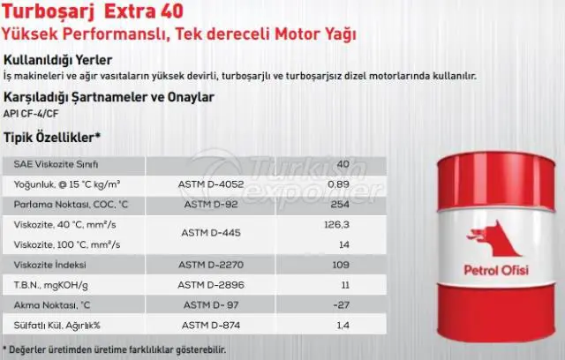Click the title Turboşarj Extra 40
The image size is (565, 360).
pyautogui.click(x=93, y=11)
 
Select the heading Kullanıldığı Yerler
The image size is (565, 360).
pyautogui.click(x=57, y=60)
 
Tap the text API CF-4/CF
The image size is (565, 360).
pyautogui.click(x=31, y=114)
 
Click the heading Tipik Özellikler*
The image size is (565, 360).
pyautogui.click(x=52, y=138)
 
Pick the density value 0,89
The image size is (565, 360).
pyautogui.click(x=338, y=184)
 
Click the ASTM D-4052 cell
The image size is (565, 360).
pyautogui.click(x=211, y=184)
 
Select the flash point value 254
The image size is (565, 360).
pyautogui.click(x=340, y=205)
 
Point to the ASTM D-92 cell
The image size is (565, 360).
pyautogui.click(x=211, y=205)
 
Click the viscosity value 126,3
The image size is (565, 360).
pyautogui.click(x=336, y=225)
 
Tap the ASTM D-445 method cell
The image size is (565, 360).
pyautogui.click(x=211, y=233)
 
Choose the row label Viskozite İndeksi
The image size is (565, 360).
pyautogui.click(x=49, y=265)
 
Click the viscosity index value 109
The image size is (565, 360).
pyautogui.click(x=341, y=265)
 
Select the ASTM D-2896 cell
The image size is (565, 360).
pyautogui.click(x=211, y=285)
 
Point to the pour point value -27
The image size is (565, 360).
pyautogui.click(x=342, y=305)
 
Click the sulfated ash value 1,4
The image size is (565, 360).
pyautogui.click(x=343, y=326)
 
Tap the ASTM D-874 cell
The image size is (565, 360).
pyautogui.click(x=211, y=326)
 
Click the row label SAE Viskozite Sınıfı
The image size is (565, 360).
pyautogui.click(x=56, y=164)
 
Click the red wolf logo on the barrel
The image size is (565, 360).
pyautogui.click(x=494, y=239)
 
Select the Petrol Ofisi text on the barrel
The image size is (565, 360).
pyautogui.click(x=496, y=270)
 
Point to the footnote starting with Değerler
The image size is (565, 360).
pyautogui.click(x=115, y=349)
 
